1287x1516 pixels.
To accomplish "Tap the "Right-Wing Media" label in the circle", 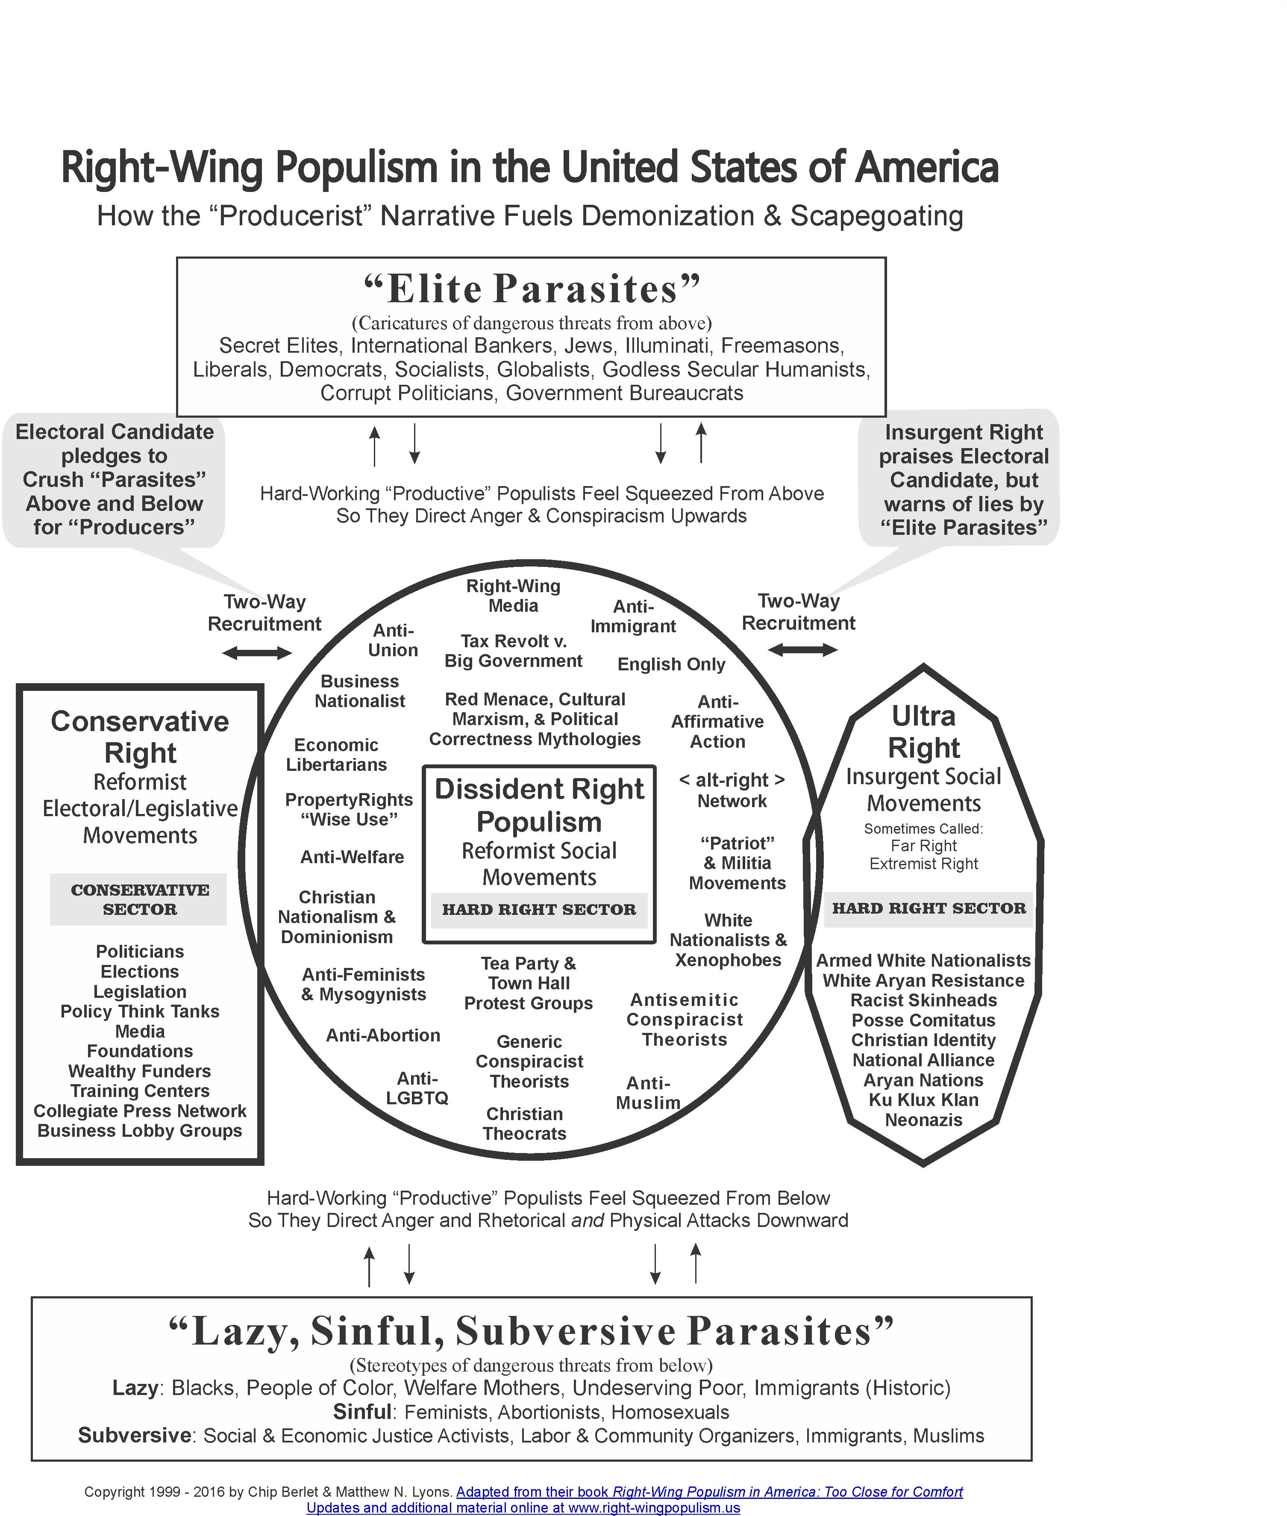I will click(513, 596).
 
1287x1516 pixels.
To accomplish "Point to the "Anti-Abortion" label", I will click(383, 1035).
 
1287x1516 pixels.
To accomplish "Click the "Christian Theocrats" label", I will click(525, 1124).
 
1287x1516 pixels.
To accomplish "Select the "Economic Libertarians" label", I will click(336, 755).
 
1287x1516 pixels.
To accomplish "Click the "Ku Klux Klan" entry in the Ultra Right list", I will click(923, 1100).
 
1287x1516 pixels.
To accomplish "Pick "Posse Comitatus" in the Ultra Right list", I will click(923, 1020).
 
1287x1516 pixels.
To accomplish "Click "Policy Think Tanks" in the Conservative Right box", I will click(140, 1012).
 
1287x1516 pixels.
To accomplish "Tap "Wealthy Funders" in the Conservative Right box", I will click(140, 1071).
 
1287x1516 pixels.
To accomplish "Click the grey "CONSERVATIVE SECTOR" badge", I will click(138, 899).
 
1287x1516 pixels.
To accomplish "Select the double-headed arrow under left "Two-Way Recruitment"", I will click(257, 653).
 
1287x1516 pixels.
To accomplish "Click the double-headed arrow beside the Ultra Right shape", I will click(802, 649).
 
